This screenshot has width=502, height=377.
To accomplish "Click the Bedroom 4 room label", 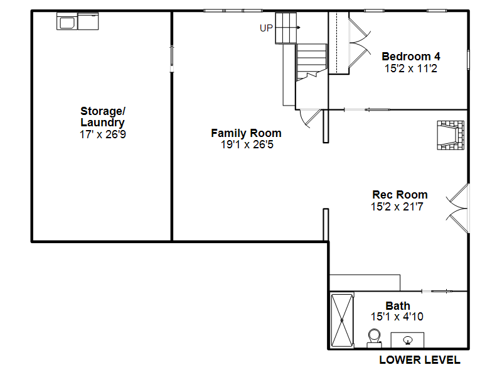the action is pyautogui.click(x=411, y=57).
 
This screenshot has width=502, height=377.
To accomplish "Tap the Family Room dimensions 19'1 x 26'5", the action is pyautogui.click(x=247, y=145).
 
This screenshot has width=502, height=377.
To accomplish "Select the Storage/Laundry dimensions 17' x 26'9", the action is pyautogui.click(x=103, y=134).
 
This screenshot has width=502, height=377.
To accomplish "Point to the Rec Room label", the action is pyautogui.click(x=400, y=195).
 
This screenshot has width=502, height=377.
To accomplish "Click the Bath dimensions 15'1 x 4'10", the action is pyautogui.click(x=397, y=317).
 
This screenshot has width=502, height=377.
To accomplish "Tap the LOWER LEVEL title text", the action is pyautogui.click(x=420, y=360).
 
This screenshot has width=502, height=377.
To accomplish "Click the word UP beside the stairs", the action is pyautogui.click(x=266, y=28).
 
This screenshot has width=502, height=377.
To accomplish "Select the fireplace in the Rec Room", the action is pyautogui.click(x=451, y=135).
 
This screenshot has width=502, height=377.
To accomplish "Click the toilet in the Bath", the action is pyautogui.click(x=374, y=338).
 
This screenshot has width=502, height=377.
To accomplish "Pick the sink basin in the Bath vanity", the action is pyautogui.click(x=407, y=340).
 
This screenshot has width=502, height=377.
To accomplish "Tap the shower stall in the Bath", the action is pyautogui.click(x=342, y=320).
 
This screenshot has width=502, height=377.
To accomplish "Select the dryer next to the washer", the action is pyautogui.click(x=88, y=21).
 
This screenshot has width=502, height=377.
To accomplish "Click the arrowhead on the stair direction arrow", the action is pyautogui.click(x=299, y=28).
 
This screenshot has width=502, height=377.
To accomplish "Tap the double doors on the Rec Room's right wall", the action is pyautogui.click(x=457, y=209).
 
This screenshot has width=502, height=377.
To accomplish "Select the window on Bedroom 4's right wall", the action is pyautogui.click(x=468, y=60).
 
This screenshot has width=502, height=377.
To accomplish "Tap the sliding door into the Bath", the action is pyautogui.click(x=437, y=291).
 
